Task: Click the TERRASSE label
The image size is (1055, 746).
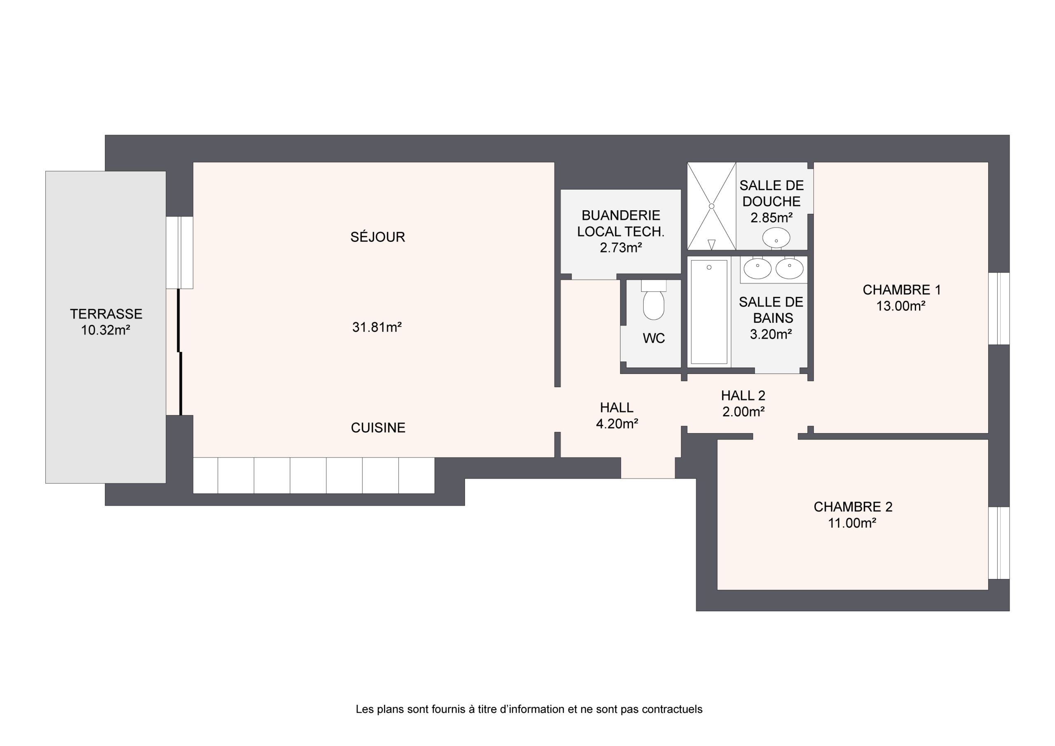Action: pyautogui.click(x=106, y=314)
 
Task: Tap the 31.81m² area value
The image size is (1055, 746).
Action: pyautogui.click(x=377, y=327)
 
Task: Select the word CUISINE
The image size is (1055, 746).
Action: pyautogui.click(x=378, y=428)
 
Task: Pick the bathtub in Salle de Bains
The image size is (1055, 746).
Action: pyautogui.click(x=709, y=312)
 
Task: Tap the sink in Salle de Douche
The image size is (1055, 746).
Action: pyautogui.click(x=776, y=238)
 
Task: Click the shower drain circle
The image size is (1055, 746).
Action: pyautogui.click(x=711, y=206)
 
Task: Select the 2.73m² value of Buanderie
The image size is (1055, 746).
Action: pyautogui.click(x=621, y=248)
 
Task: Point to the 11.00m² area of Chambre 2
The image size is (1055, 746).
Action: pyautogui.click(x=852, y=523)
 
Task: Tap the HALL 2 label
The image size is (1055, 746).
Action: pyautogui.click(x=743, y=395)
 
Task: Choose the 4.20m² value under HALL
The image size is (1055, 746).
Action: pyautogui.click(x=617, y=424)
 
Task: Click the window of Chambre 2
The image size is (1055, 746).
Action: pyautogui.click(x=999, y=543)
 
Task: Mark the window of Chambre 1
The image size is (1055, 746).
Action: pyautogui.click(x=999, y=308)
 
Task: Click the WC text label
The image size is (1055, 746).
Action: pyautogui.click(x=654, y=338)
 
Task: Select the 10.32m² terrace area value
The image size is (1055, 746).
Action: pyautogui.click(x=105, y=330)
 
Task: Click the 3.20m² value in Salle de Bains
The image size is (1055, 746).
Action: pyautogui.click(x=771, y=334)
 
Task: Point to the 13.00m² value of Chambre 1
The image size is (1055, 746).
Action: pyautogui.click(x=900, y=306)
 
